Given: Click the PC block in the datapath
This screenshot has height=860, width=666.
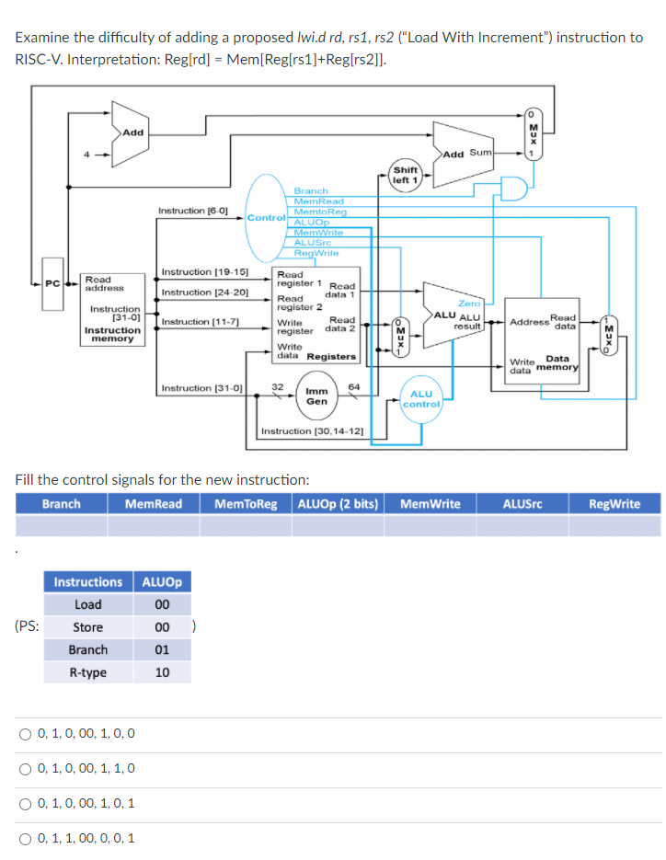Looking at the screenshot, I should (53, 282).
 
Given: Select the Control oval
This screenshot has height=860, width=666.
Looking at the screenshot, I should (265, 218).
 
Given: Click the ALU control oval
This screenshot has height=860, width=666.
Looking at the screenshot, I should (421, 399).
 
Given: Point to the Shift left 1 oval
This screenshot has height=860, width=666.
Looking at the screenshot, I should (405, 175).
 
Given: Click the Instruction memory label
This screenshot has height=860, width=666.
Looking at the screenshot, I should (112, 334).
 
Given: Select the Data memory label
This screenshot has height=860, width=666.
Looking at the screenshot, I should (559, 363).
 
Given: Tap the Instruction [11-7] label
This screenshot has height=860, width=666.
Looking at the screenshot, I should (200, 322).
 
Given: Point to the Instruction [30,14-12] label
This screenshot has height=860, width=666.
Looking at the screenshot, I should (312, 430).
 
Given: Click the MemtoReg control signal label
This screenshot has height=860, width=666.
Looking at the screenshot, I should (320, 212).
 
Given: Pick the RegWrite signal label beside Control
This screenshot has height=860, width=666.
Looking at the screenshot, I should (316, 252).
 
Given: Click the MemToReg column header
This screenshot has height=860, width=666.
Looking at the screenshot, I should (246, 503).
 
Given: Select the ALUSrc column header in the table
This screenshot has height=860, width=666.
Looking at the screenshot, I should (522, 503).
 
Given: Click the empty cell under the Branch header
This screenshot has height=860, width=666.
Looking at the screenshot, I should (61, 525).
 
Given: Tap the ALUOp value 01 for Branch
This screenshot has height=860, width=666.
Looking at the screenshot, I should (162, 649).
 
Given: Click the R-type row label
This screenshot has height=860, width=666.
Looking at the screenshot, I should (88, 672).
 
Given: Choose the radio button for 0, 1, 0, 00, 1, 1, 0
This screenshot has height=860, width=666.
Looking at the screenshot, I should (25, 768).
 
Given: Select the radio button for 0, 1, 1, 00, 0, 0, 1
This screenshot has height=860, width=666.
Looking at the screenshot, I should (25, 838).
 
